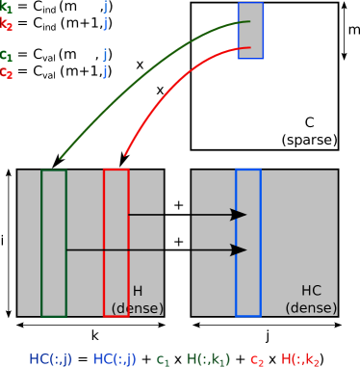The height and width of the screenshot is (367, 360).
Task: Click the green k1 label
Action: coord(7,7)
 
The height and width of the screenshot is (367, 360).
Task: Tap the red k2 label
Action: coord(7,24)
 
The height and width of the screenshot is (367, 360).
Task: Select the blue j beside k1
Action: coord(105,7)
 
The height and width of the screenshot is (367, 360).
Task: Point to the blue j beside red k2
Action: coord(105,23)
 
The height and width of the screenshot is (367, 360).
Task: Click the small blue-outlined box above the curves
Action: coord(250,30)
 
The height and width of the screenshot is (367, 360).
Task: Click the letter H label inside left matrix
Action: coord(137,291)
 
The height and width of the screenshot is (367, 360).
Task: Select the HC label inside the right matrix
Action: coord(311,291)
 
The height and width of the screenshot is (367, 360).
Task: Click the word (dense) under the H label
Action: coord(137,308)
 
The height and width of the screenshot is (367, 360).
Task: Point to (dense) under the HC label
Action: coord(311,308)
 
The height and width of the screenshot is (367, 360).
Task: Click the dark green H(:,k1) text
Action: coord(208,359)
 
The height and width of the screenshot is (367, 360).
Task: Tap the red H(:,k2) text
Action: coord(300,359)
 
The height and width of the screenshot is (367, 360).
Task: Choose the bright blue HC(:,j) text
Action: coord(115,359)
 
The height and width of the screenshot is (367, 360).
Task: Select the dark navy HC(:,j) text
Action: coord(50,359)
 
